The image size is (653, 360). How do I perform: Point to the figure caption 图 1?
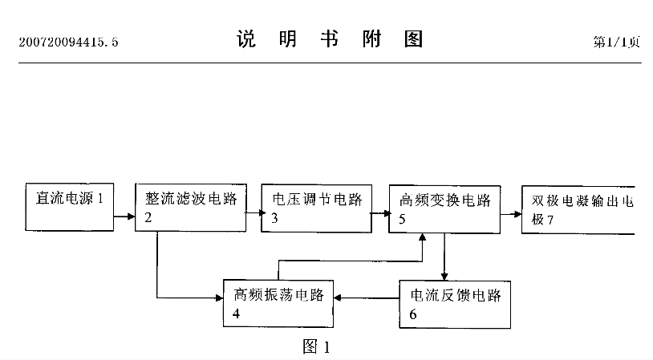click(315, 346)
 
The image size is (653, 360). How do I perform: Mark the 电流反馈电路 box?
click(455, 303)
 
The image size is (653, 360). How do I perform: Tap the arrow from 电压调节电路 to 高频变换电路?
click(380, 213)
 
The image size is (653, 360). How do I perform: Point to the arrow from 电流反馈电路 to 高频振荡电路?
click(367, 298)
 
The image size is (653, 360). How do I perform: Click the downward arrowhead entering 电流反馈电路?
click(444, 273)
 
